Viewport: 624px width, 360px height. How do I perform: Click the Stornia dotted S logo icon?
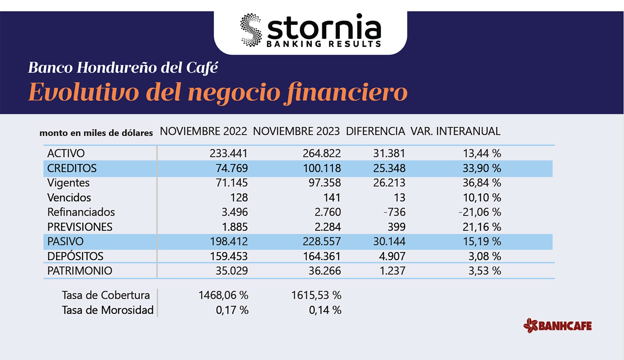point(251,30)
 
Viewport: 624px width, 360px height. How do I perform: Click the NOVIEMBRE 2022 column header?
point(203,131)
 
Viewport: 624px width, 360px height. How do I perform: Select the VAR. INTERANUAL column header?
point(455,131)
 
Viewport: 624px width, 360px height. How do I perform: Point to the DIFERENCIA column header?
point(375,131)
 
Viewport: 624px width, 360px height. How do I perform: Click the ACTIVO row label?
point(66,153)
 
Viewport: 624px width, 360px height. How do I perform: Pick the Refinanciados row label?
point(81,212)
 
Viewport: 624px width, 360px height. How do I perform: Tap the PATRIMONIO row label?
point(79,271)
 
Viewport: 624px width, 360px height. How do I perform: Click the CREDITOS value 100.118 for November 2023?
point(322,168)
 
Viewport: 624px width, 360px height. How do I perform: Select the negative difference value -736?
point(394,212)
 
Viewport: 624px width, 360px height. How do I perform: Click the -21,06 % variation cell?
point(480,212)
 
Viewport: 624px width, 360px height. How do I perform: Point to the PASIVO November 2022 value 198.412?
point(229,242)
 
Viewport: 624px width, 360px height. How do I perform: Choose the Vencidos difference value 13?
point(399,198)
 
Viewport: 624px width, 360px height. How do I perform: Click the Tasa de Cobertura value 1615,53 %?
point(316,295)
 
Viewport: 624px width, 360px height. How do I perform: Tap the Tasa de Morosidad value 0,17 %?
point(232,310)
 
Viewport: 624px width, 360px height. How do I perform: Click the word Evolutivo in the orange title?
point(83,92)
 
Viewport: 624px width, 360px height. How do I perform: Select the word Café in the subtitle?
point(202,68)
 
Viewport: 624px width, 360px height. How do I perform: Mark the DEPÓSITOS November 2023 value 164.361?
point(321,256)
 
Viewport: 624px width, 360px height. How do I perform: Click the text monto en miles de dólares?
point(96,133)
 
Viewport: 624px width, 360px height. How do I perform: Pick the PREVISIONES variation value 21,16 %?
point(482,227)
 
